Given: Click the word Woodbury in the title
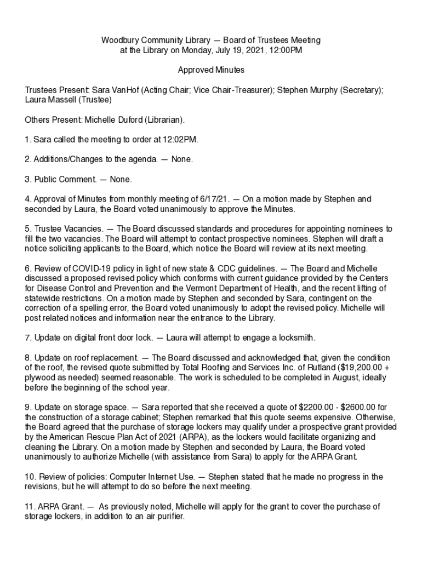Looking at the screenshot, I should tap(118, 41).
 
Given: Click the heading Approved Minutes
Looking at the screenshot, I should tap(211, 70).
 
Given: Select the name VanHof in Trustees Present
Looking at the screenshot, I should tap(124, 90).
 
